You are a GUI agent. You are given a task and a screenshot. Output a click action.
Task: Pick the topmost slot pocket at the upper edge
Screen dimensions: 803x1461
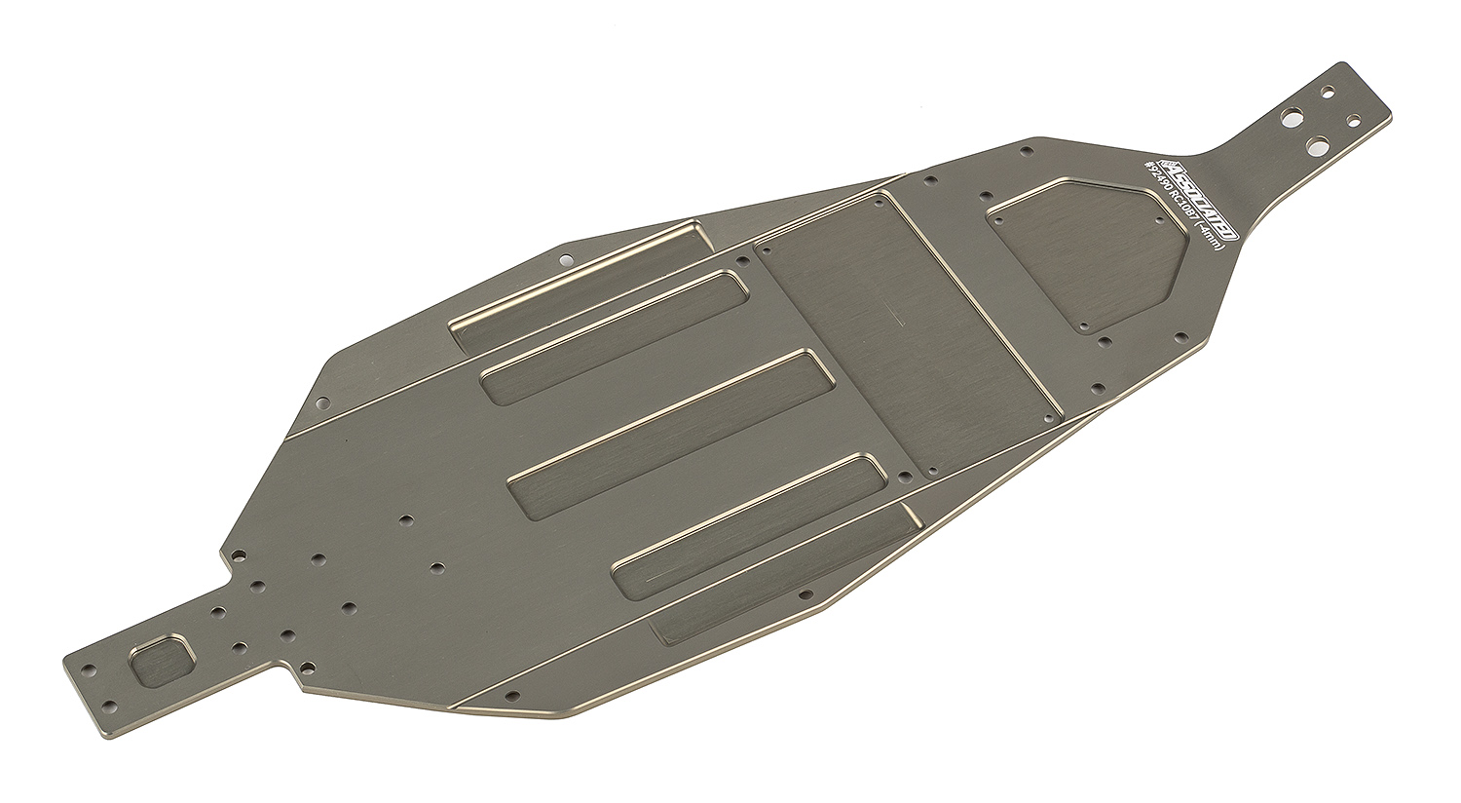coord(580,282)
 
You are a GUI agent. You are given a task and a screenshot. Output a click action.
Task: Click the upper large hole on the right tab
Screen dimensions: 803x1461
coord(1292,120)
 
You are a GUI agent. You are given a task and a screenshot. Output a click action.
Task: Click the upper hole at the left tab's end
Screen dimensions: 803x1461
coord(89,670)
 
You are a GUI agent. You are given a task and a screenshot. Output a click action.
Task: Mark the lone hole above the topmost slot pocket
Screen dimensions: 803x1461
coord(564,260)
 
